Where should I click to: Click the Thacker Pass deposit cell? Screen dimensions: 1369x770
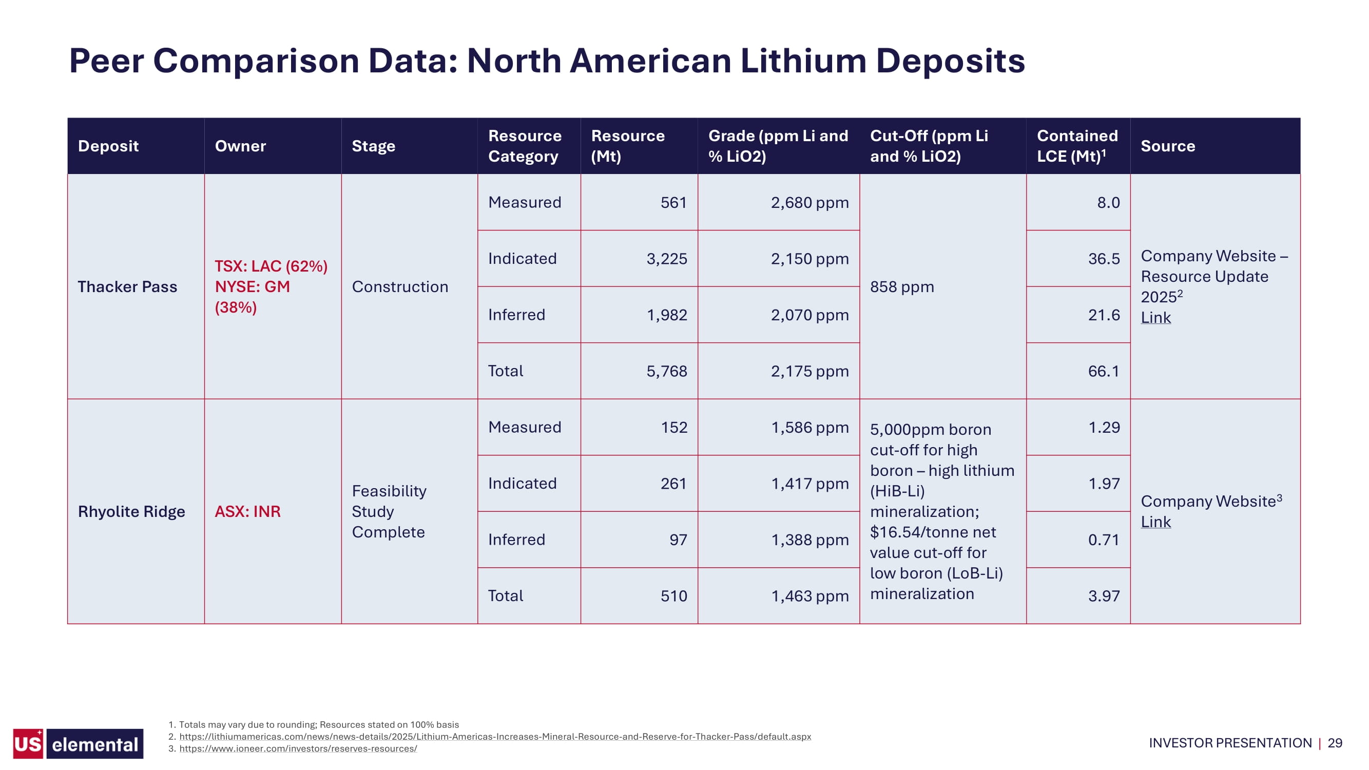(127, 286)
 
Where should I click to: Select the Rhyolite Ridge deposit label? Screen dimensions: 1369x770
(131, 511)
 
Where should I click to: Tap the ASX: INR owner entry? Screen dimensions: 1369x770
(247, 511)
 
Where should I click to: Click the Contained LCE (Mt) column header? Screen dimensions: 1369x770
(1077, 146)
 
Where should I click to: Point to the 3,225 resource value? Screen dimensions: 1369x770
(666, 259)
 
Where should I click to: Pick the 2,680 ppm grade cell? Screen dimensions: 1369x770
(810, 202)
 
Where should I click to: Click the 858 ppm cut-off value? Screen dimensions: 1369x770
(902, 286)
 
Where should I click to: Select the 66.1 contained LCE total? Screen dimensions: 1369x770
(1104, 371)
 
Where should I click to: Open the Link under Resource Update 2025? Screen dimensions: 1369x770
(1155, 317)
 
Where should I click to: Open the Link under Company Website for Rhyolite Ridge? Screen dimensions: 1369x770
(1155, 522)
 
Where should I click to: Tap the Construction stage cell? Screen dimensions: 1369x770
(400, 286)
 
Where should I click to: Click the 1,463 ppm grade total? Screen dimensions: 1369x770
(810, 595)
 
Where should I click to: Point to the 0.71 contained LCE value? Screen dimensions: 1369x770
(1104, 540)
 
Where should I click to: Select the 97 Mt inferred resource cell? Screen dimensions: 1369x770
(678, 540)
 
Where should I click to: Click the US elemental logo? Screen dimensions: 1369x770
(78, 743)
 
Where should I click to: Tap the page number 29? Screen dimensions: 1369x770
(1335, 743)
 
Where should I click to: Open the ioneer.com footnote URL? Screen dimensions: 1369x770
(298, 749)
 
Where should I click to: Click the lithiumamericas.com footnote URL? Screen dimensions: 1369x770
(495, 737)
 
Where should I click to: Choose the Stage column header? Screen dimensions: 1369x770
(374, 146)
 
